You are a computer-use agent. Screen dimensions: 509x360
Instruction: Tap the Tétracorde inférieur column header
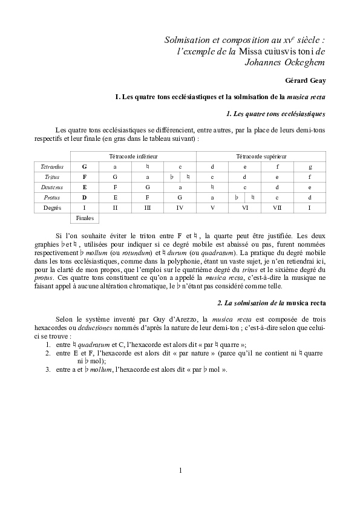click(x=133, y=156)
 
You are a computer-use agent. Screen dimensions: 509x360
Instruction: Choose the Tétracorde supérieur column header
click(x=261, y=156)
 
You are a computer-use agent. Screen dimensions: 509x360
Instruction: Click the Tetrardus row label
click(x=51, y=166)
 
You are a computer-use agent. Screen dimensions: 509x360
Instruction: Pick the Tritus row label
click(x=51, y=177)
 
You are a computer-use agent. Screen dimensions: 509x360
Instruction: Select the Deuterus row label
click(x=51, y=187)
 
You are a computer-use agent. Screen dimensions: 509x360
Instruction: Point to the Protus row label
click(x=51, y=197)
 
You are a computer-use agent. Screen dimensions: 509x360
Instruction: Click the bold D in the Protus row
click(x=85, y=197)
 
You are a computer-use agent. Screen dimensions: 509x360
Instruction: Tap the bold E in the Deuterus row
click(x=85, y=187)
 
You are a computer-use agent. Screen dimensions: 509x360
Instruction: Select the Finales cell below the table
click(x=85, y=218)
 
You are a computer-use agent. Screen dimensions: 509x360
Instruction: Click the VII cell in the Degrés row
click(x=277, y=207)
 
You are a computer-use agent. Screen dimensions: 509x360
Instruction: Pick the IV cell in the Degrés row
click(x=180, y=207)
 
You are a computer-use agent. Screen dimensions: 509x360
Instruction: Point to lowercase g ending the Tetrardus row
click(x=310, y=166)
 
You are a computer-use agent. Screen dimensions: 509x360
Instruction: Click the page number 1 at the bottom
click(x=180, y=470)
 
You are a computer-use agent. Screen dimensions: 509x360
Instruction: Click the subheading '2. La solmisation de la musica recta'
click(x=271, y=302)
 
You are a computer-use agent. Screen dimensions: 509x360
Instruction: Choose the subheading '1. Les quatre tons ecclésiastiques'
click(x=275, y=114)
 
